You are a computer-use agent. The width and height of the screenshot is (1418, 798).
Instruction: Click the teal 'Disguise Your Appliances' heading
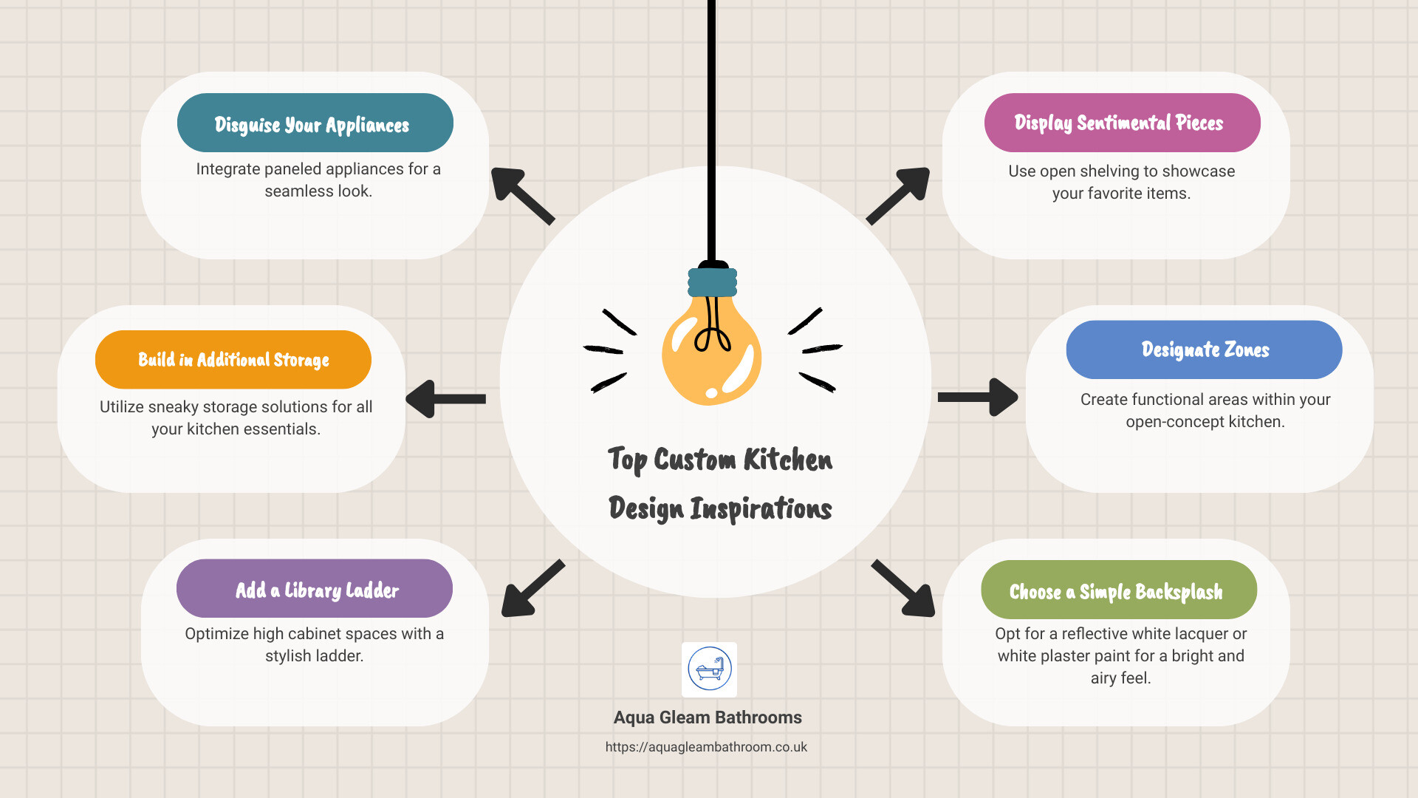pyautogui.click(x=312, y=125)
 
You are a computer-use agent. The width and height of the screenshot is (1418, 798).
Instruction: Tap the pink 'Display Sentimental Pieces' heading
pyautogui.click(x=1119, y=123)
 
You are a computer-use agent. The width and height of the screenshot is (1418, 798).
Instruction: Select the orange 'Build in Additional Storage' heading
pyautogui.click(x=233, y=360)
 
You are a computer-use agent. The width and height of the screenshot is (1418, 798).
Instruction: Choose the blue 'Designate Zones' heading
pyautogui.click(x=1205, y=349)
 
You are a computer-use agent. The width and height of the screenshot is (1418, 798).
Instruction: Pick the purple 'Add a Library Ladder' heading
pyautogui.click(x=317, y=590)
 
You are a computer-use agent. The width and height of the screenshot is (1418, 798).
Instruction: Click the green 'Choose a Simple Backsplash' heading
pyautogui.click(x=1116, y=592)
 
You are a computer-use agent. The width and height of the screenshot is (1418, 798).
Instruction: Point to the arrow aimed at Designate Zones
pyautogui.click(x=978, y=398)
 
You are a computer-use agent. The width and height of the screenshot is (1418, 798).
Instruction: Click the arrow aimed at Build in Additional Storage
pyautogui.click(x=445, y=399)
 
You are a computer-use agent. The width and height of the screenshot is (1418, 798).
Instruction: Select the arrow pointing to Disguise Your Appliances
pyautogui.click(x=523, y=196)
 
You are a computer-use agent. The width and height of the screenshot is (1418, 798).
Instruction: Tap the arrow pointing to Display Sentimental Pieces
pyautogui.click(x=898, y=196)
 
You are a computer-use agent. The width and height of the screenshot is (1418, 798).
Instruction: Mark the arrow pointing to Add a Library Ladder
pyautogui.click(x=533, y=588)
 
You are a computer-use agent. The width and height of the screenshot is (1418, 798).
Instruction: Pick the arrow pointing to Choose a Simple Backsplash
pyautogui.click(x=903, y=588)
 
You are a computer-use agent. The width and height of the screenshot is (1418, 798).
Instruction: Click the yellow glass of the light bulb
pyautogui.click(x=711, y=351)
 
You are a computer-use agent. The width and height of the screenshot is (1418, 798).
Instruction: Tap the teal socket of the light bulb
pyautogui.click(x=713, y=282)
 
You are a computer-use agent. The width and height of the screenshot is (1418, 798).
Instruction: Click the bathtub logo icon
pyautogui.click(x=709, y=669)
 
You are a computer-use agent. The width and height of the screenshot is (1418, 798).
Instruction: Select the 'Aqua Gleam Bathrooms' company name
pyautogui.click(x=708, y=717)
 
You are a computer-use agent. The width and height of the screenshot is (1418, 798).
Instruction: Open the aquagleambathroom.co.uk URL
pyautogui.click(x=706, y=747)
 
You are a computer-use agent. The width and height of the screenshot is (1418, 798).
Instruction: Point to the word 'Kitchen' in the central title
pyautogui.click(x=788, y=460)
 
